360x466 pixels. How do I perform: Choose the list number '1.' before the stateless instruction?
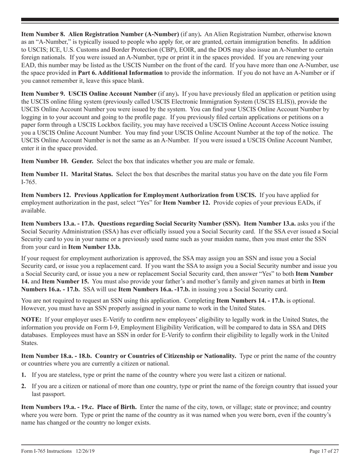[x=24, y=375]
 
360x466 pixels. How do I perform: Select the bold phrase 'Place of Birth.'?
[x=117, y=407]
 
